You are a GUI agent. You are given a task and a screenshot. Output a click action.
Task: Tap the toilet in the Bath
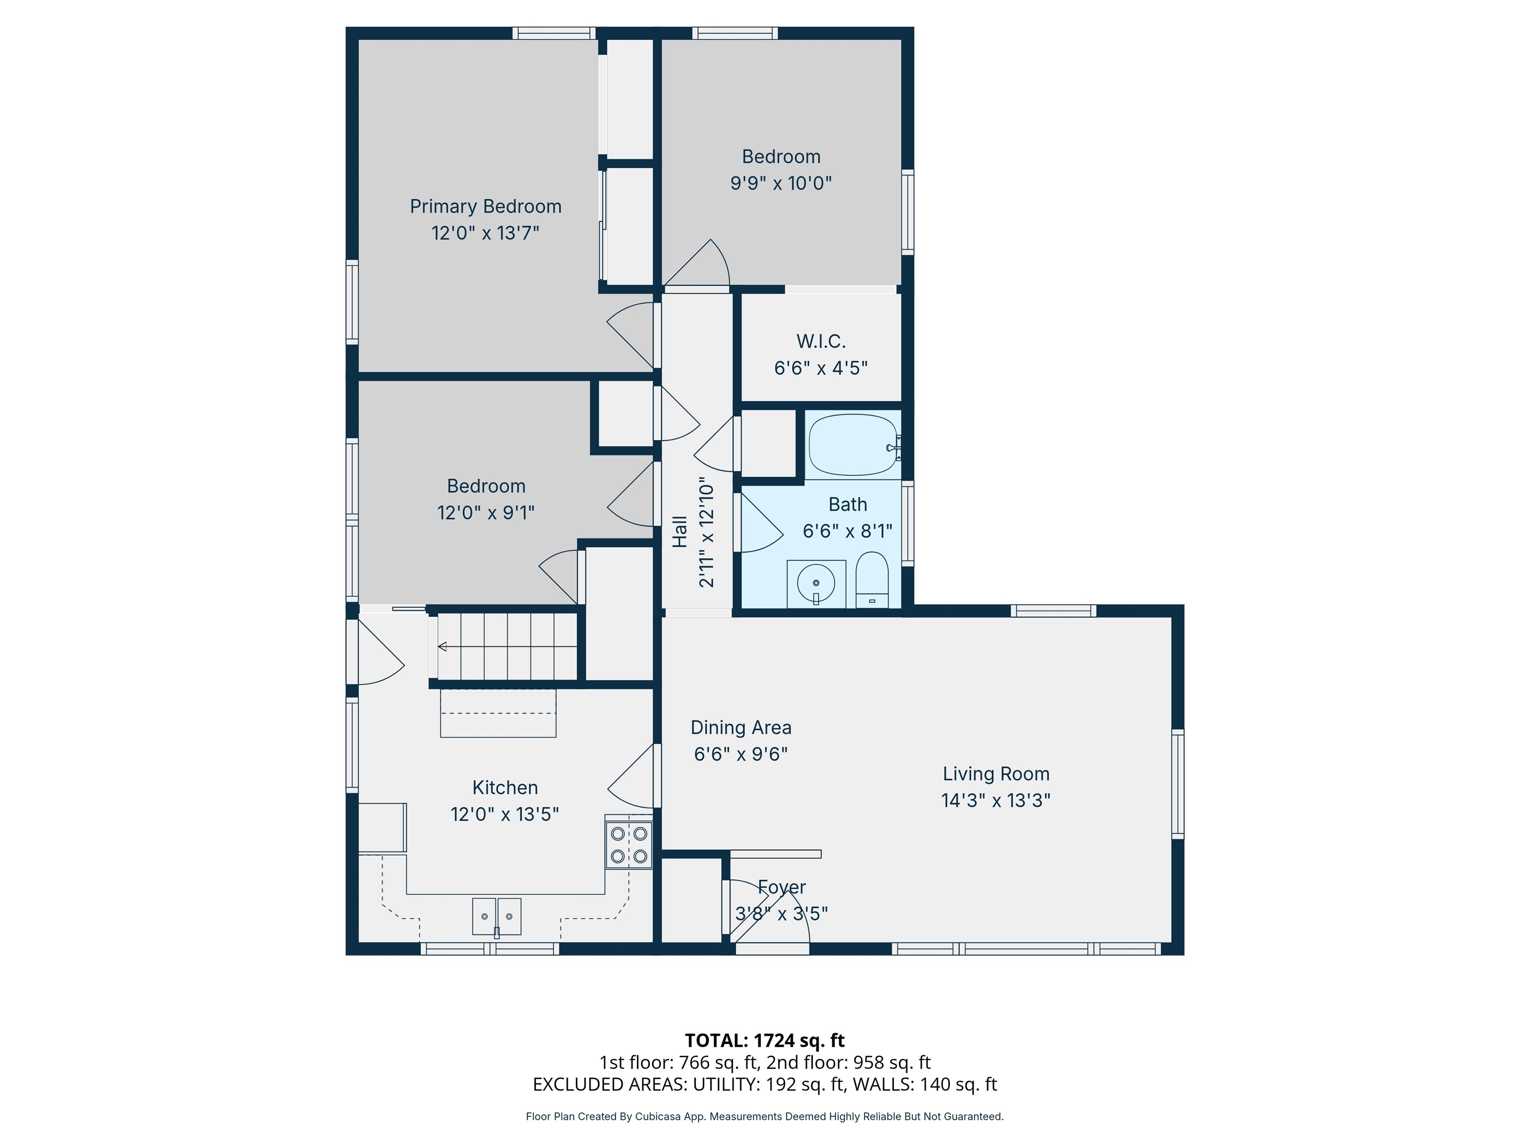click(x=872, y=580)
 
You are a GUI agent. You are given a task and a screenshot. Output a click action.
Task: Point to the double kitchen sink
click(x=497, y=916)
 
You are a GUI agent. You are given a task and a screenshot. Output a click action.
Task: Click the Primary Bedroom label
click(x=486, y=206)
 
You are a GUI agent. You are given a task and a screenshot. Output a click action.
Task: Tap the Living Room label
click(x=996, y=774)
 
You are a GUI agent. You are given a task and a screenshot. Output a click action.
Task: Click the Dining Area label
click(x=741, y=727)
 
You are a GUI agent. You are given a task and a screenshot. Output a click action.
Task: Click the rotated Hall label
click(x=680, y=532)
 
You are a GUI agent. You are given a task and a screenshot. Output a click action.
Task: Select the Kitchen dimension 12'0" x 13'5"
click(x=505, y=814)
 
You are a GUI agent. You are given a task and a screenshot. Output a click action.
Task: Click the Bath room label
click(x=848, y=504)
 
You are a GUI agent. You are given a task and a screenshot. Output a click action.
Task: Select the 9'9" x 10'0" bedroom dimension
click(x=781, y=183)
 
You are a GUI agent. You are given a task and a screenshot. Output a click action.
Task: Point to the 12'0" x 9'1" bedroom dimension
click(x=486, y=512)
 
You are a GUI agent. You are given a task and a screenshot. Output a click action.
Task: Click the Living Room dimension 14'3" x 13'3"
click(x=996, y=800)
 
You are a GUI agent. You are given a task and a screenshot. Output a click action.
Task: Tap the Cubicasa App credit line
click(x=765, y=1116)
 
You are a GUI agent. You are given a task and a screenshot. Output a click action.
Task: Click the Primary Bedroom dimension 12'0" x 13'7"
click(x=486, y=233)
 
